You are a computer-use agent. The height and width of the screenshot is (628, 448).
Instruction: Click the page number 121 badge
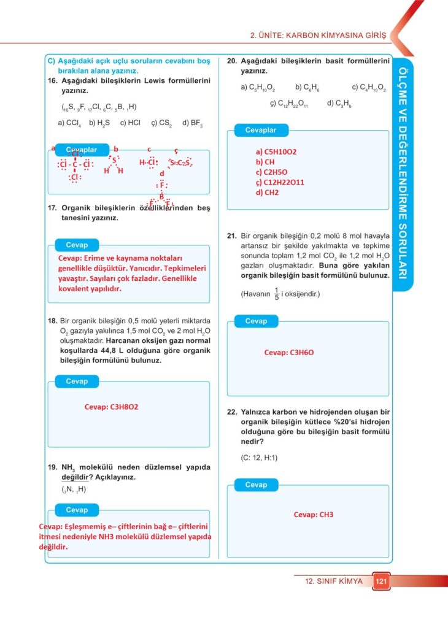pos(380,581)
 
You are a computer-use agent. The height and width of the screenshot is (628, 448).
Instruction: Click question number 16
pos(52,80)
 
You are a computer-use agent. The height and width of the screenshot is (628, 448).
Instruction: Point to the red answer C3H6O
pos(289,353)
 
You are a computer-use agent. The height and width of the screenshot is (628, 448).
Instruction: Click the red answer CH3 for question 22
pos(313,515)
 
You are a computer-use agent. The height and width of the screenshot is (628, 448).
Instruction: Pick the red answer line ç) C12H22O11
pos(280,182)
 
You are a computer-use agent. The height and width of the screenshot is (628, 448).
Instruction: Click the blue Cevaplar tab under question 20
pos(261,130)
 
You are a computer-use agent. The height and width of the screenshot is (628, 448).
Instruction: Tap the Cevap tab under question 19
pos(77,510)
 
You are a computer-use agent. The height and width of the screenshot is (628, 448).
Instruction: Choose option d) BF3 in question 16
pos(192,123)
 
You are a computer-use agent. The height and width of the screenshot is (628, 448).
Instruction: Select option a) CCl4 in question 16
pos(69,123)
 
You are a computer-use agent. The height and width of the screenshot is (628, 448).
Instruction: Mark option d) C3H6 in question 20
pos(339,104)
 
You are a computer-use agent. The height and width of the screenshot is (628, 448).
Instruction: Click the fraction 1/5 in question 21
pos(276,294)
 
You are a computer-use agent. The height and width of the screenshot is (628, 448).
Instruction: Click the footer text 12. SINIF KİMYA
pos(333,581)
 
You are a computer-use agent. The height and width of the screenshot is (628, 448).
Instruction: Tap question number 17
pos(52,208)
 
